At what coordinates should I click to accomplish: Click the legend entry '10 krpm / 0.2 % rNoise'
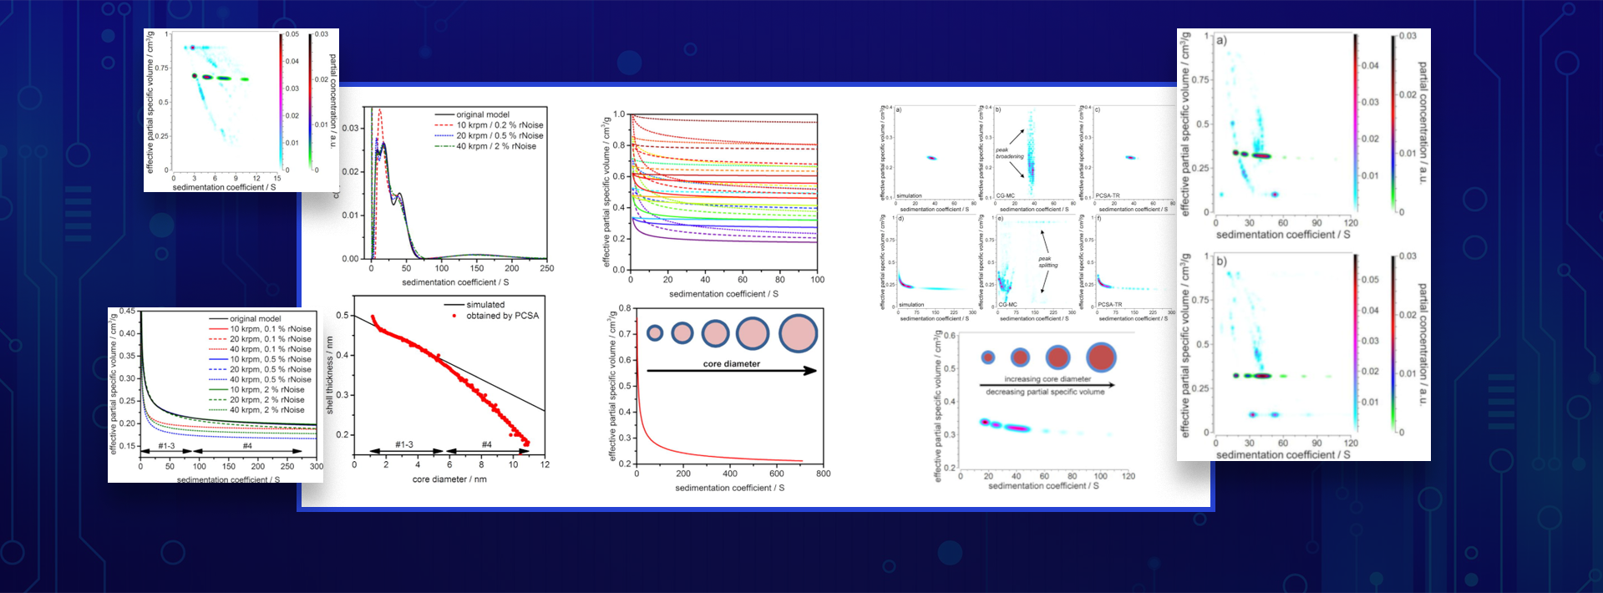click(500, 125)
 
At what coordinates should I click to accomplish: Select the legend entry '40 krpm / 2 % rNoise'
click(496, 146)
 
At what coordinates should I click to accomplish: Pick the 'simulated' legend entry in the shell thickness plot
click(485, 305)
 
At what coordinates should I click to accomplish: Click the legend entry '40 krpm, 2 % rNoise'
click(266, 410)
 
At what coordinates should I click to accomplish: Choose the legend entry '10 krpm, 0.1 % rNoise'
click(270, 329)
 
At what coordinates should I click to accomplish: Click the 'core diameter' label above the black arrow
click(732, 364)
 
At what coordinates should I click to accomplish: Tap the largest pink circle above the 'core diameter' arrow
click(798, 333)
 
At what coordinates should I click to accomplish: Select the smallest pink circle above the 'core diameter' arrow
click(655, 333)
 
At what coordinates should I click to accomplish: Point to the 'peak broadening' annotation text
click(1009, 153)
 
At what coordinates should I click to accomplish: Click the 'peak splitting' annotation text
click(1047, 261)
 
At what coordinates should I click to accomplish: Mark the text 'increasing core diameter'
click(1048, 379)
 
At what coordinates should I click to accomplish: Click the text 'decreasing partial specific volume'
click(1045, 392)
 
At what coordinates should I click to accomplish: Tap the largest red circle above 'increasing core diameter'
click(1101, 357)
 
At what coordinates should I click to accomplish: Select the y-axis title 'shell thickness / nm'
click(330, 375)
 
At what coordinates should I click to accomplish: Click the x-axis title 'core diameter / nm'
click(449, 479)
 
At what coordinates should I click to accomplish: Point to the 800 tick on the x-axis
click(823, 474)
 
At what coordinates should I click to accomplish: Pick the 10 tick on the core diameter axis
click(513, 464)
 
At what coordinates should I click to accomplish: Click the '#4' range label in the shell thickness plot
click(487, 444)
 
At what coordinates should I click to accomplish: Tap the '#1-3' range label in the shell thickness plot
click(404, 444)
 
